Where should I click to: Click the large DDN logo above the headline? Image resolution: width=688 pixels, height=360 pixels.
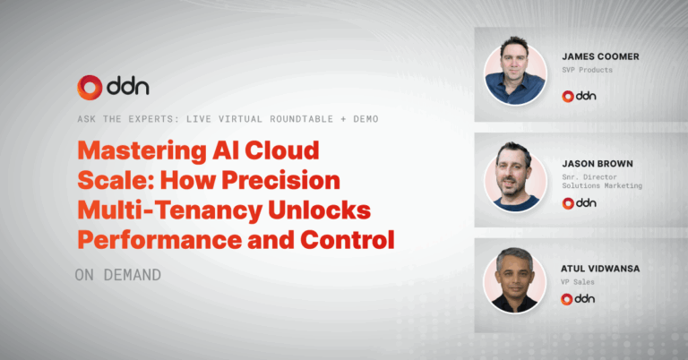(113, 87)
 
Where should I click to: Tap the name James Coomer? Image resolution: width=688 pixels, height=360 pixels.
(601, 56)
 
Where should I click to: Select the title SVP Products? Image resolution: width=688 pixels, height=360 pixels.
(587, 70)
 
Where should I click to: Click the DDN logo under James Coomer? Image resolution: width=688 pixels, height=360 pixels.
(580, 96)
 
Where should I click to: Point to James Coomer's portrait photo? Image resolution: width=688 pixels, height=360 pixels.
(515, 71)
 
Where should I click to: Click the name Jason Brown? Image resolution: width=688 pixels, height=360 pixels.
(598, 164)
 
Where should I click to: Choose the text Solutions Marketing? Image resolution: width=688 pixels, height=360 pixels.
(602, 186)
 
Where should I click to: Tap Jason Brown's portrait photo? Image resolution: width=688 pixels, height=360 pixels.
(515, 176)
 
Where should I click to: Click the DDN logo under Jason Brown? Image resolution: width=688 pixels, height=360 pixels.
(580, 203)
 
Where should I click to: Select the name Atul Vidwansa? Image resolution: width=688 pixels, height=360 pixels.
(600, 269)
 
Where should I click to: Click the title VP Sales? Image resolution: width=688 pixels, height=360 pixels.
(578, 282)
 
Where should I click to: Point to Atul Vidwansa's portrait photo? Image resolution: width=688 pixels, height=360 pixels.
(515, 280)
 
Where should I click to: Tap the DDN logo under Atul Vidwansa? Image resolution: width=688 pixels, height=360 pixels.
(578, 299)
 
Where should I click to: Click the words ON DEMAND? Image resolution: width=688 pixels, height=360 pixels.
(118, 275)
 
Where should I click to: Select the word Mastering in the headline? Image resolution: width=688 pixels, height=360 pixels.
(142, 151)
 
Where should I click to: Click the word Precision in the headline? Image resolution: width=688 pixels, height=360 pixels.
(280, 180)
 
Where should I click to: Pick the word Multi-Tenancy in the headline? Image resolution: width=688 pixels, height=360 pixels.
(169, 211)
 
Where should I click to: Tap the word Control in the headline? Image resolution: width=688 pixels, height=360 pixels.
(348, 240)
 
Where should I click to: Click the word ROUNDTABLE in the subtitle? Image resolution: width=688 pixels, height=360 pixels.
(301, 119)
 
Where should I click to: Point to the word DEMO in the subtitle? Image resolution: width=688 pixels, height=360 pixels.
(365, 119)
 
